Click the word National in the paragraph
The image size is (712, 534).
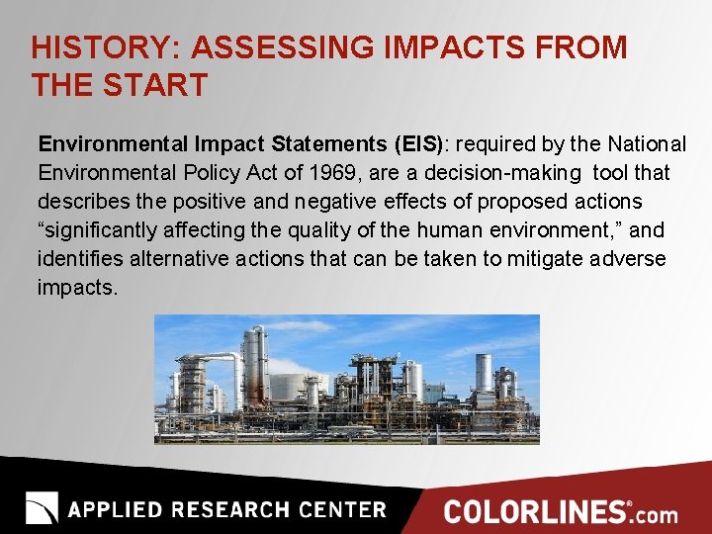[647, 144]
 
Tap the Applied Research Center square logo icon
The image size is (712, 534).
[42, 508]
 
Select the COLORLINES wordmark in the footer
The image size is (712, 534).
[535, 511]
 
